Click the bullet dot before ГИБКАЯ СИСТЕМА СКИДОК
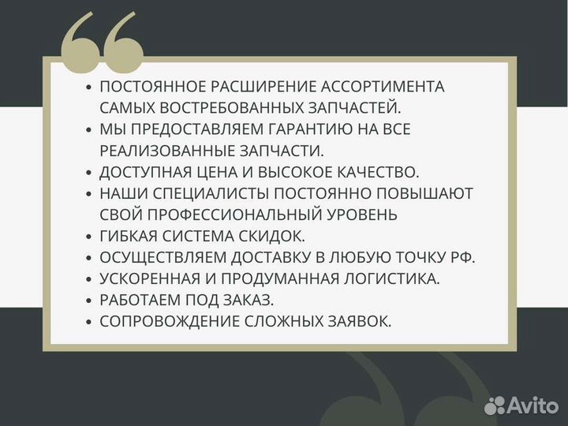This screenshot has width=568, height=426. pos(89,237)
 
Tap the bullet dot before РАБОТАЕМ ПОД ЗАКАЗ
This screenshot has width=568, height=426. pos(89,301)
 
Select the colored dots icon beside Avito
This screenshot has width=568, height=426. pos(495,405)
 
